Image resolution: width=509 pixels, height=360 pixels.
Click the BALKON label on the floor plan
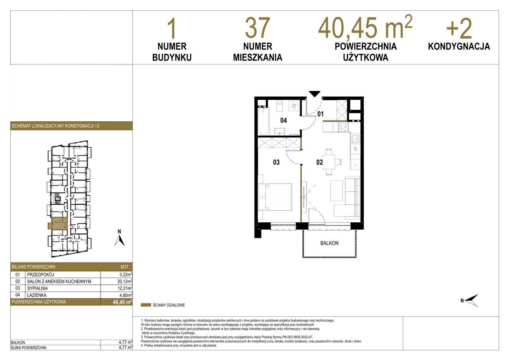pyautogui.click(x=329, y=243)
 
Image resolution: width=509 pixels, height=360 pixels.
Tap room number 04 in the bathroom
pyautogui.click(x=284, y=120)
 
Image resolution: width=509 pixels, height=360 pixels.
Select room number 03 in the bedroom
pyautogui.click(x=276, y=162)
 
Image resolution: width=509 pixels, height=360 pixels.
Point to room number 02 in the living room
pyautogui.click(x=319, y=162)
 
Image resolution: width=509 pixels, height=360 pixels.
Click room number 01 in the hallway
pyautogui.click(x=321, y=114)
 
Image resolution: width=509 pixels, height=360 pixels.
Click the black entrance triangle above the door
pyautogui.click(x=315, y=94)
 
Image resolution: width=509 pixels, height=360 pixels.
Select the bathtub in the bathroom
pyautogui.click(x=264, y=121)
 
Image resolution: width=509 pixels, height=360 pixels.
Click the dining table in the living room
pyautogui.click(x=329, y=162)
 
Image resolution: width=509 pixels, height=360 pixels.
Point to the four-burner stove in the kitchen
pyautogui.click(x=343, y=126)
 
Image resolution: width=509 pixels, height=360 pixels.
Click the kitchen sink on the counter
pyautogui.click(x=355, y=138)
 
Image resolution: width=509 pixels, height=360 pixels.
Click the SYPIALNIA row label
pyautogui.click(x=37, y=288)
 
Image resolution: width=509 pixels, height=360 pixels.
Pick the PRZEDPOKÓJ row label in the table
pyautogui.click(x=41, y=274)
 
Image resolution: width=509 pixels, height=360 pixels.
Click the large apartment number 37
pyautogui.click(x=258, y=28)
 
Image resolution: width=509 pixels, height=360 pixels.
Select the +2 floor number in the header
pyautogui.click(x=459, y=29)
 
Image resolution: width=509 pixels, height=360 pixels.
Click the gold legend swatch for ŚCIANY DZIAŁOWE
pyautogui.click(x=146, y=305)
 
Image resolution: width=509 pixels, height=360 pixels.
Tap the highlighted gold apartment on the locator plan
pyautogui.click(x=58, y=224)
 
